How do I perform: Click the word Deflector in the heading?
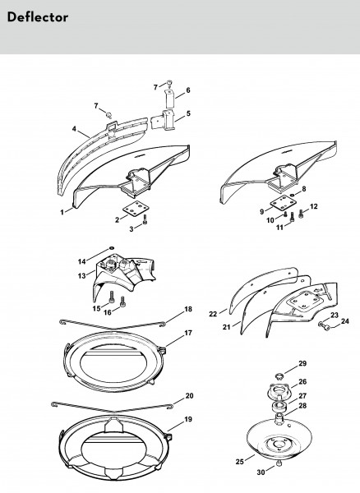[38, 17]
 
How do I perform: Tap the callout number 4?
[74, 129]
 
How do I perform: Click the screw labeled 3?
[145, 219]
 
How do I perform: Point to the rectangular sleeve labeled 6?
[170, 98]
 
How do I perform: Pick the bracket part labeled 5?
[164, 120]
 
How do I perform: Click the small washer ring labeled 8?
[293, 195]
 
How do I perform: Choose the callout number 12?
[313, 206]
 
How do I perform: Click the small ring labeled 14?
[111, 248]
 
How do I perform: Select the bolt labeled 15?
[111, 297]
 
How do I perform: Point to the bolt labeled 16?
[122, 302]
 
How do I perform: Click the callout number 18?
[188, 310]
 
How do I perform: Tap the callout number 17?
[188, 333]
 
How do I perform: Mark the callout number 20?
[189, 396]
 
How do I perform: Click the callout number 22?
[213, 314]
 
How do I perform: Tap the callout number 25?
[239, 462]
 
